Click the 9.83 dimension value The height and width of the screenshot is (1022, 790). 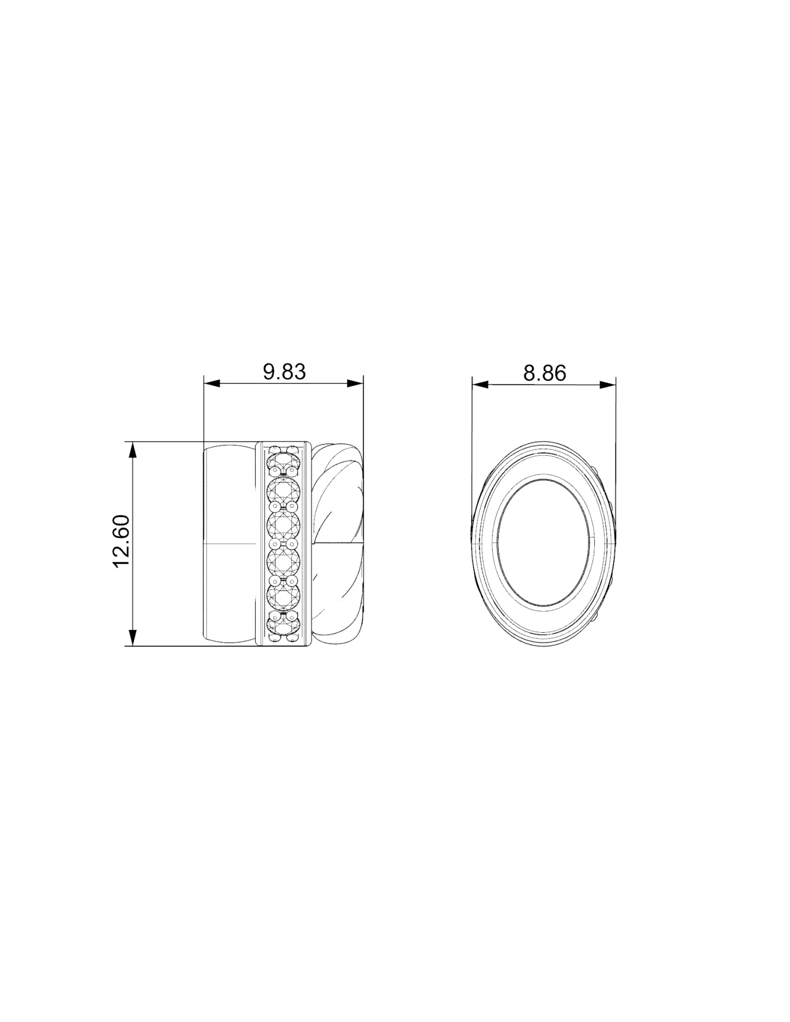tap(284, 372)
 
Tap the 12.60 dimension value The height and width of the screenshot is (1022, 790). tap(121, 541)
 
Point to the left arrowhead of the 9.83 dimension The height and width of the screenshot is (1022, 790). tap(211, 383)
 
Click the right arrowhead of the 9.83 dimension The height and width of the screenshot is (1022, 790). tap(356, 383)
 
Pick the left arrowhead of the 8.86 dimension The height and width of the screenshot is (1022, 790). tap(480, 384)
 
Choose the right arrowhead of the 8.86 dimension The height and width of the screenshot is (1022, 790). tap(607, 384)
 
